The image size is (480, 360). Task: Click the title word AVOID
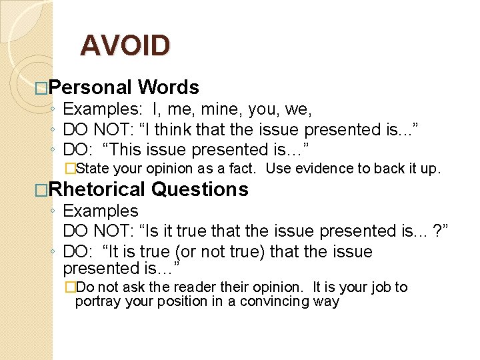click(125, 45)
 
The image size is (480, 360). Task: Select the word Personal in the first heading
click(90, 87)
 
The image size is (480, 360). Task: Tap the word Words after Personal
click(168, 87)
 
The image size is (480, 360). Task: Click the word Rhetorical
click(97, 189)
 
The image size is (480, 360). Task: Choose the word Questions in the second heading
click(200, 189)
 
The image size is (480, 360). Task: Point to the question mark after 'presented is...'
click(437, 231)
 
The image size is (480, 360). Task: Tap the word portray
click(95, 301)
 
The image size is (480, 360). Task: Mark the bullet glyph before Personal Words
click(41, 88)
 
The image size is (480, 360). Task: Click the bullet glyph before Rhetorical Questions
click(41, 190)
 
